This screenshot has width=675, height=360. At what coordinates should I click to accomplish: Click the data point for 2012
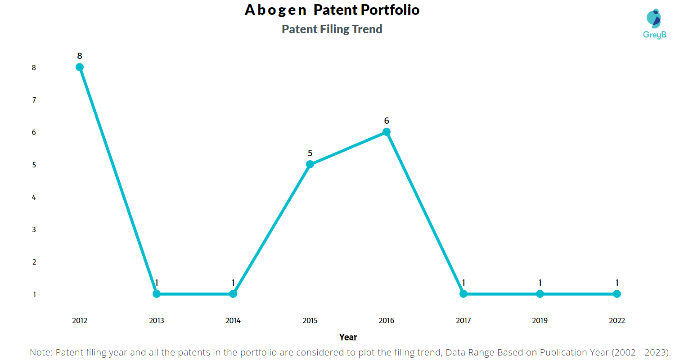pyautogui.click(x=80, y=67)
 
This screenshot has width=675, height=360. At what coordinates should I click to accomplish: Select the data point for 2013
pyautogui.click(x=157, y=294)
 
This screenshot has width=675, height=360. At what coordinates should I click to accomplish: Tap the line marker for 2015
pyautogui.click(x=310, y=164)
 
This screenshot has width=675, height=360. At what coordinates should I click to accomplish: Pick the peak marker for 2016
pyautogui.click(x=387, y=132)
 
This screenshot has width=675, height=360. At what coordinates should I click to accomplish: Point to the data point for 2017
pyautogui.click(x=463, y=294)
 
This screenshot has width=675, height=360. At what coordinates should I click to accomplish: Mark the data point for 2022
pyautogui.click(x=617, y=294)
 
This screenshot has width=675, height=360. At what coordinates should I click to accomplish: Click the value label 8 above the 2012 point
pyautogui.click(x=80, y=56)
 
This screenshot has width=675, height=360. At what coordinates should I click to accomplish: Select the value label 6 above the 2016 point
pyautogui.click(x=387, y=121)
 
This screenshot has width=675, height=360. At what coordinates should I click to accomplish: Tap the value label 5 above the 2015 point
pyautogui.click(x=310, y=153)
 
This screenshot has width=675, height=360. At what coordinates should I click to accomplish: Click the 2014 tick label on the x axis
pyautogui.click(x=233, y=321)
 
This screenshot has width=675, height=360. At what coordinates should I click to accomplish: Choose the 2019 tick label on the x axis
pyautogui.click(x=540, y=321)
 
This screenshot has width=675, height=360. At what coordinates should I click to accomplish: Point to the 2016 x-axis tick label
pyautogui.click(x=387, y=321)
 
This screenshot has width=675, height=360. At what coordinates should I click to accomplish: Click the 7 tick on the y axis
pyautogui.click(x=34, y=100)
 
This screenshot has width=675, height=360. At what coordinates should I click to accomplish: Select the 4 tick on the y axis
pyautogui.click(x=34, y=197)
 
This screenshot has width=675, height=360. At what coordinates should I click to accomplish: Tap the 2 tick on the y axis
pyautogui.click(x=34, y=262)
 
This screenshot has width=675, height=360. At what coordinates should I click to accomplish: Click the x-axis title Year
pyautogui.click(x=348, y=337)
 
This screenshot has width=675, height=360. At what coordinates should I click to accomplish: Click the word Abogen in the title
pyautogui.click(x=275, y=10)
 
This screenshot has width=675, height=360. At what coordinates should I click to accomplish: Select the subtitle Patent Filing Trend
pyautogui.click(x=332, y=29)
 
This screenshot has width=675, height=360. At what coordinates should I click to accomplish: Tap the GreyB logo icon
pyautogui.click(x=654, y=18)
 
